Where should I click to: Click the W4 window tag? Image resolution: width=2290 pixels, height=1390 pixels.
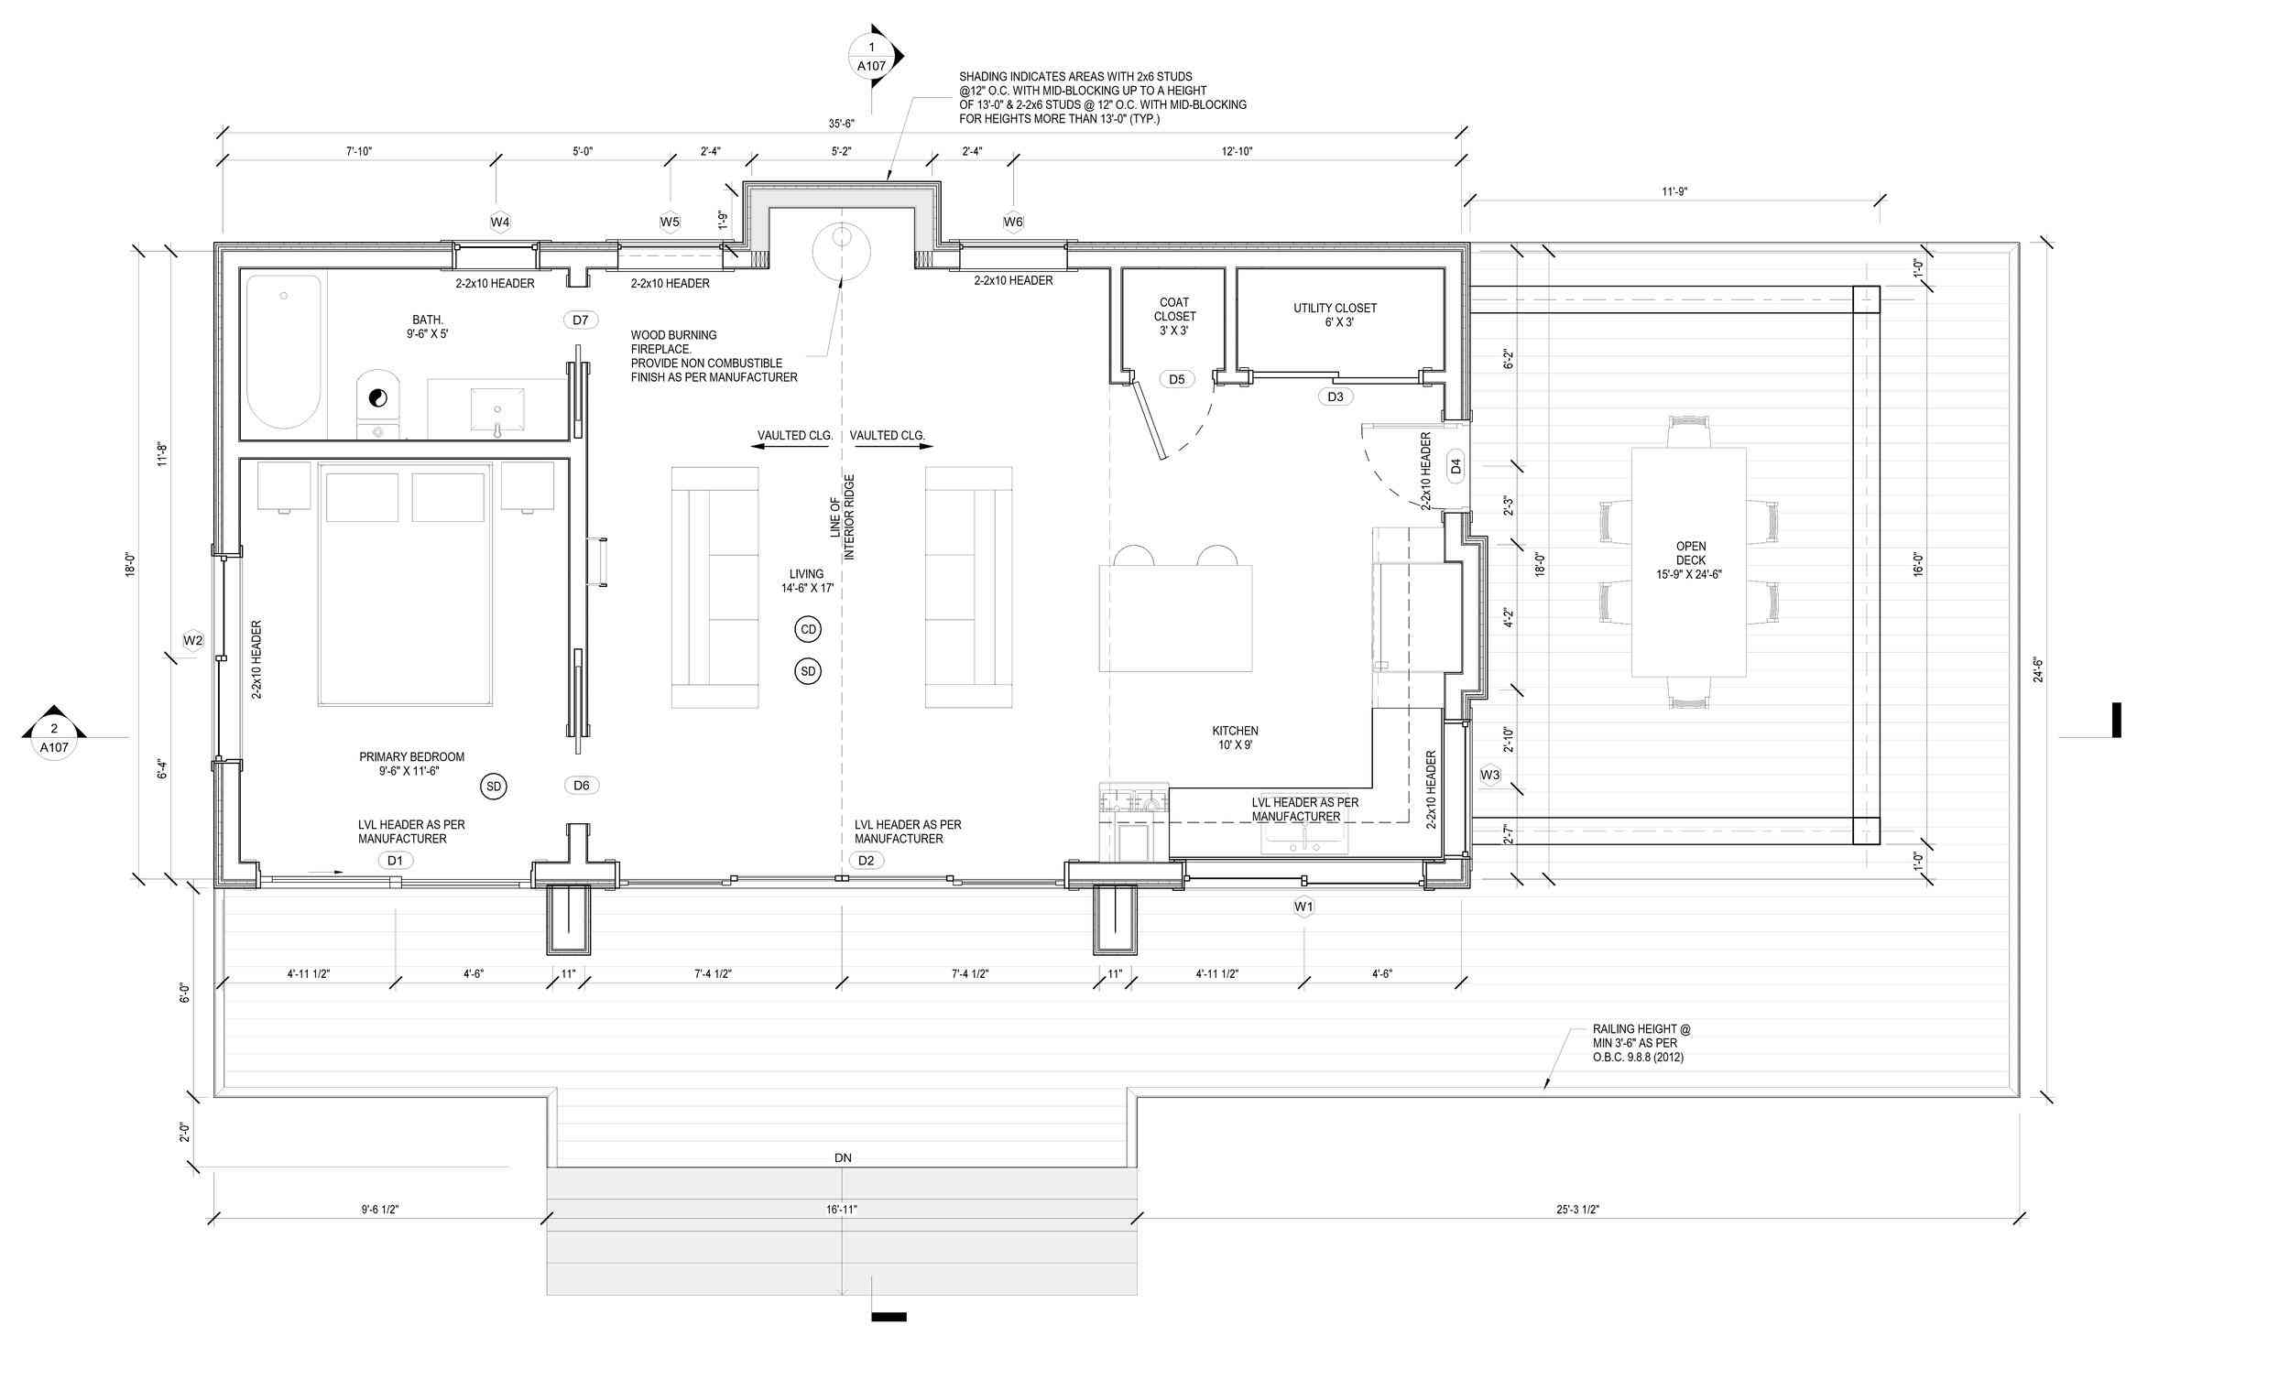[x=500, y=223]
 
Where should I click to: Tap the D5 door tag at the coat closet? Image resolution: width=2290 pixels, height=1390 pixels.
[x=1176, y=379]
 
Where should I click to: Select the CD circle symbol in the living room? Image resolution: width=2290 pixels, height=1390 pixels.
[x=808, y=630]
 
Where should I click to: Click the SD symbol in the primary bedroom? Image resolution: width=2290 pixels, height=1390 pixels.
[x=494, y=787]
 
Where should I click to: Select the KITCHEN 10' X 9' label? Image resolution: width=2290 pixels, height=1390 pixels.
[x=1234, y=738]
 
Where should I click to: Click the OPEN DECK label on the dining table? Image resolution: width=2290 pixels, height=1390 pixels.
[x=1691, y=560]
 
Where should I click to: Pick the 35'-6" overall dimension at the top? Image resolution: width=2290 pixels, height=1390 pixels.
[x=842, y=124]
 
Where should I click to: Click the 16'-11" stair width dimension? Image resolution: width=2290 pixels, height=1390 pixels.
[x=842, y=1210]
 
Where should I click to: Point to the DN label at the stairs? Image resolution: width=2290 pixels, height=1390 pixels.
[x=842, y=1157]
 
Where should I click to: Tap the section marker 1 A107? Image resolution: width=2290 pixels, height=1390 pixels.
[x=871, y=57]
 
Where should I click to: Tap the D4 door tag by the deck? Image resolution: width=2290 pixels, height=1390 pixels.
[x=1456, y=466]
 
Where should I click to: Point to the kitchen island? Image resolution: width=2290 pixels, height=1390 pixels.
[x=1175, y=618]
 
